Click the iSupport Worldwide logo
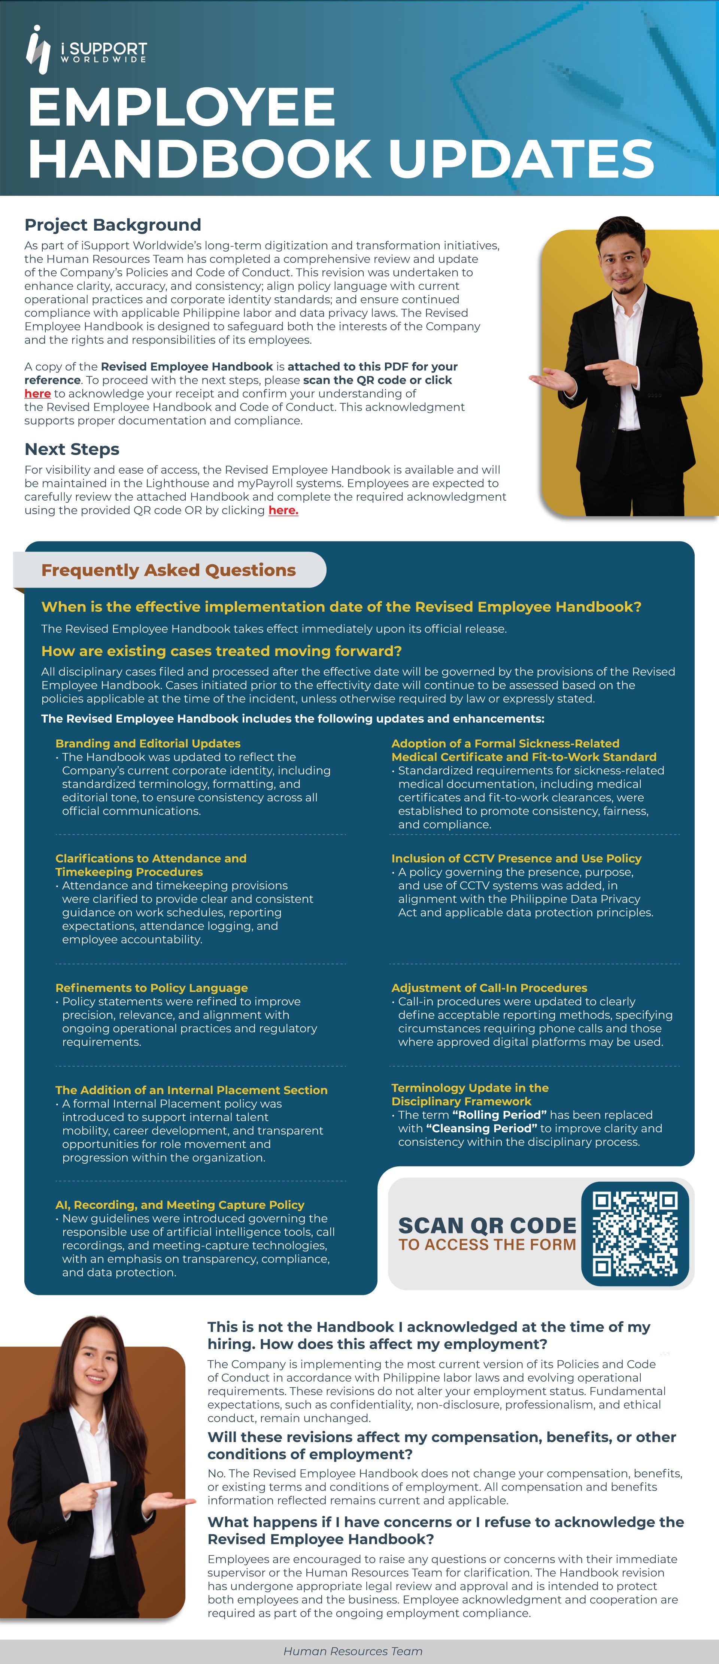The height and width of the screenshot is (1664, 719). point(86,50)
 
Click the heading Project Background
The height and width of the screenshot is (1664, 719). point(112,225)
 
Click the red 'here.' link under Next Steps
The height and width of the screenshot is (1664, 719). point(283,510)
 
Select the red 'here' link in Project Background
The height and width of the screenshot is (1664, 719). point(37,394)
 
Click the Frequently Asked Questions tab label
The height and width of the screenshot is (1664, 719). point(168,570)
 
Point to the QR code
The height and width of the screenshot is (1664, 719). point(635,1234)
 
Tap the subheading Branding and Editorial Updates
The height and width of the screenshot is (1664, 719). point(148,744)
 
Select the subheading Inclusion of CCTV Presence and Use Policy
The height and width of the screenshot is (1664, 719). point(516,859)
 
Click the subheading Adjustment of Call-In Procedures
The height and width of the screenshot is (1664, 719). point(489,988)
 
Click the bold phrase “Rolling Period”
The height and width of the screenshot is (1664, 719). point(499,1115)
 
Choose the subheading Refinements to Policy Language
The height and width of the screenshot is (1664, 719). point(151,988)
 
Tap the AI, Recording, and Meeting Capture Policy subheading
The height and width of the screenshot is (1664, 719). point(180,1205)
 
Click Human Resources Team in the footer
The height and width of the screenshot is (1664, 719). point(353,1651)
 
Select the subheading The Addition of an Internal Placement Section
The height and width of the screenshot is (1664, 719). point(191,1090)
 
